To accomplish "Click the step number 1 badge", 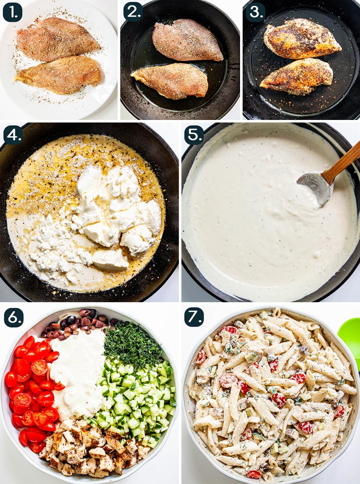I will (12, 12).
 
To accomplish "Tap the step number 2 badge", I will (133, 12).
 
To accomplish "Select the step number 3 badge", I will (255, 12).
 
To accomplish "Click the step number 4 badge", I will (13, 135).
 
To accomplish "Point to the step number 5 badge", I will (194, 135).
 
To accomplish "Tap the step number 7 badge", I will (194, 317).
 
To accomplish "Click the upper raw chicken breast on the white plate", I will (57, 38).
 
